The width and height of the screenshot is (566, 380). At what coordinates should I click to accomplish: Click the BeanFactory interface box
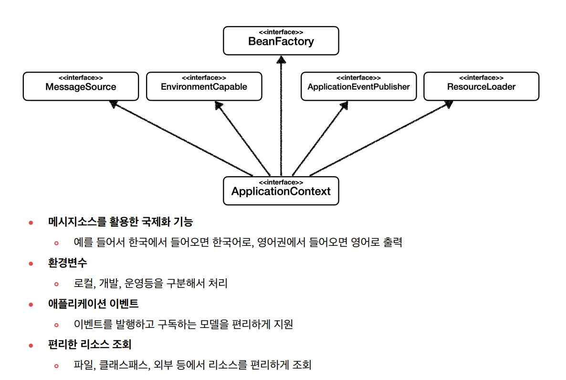coord(281,41)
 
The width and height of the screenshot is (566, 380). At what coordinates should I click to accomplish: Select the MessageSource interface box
coord(81,86)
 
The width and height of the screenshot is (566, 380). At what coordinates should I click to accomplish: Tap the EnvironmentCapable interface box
coord(204,86)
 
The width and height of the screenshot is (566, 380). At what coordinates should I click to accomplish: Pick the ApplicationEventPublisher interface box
coord(358,86)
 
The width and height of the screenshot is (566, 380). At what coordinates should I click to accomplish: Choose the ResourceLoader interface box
coord(481,86)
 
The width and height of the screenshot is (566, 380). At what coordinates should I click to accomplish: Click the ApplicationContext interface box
coord(281,191)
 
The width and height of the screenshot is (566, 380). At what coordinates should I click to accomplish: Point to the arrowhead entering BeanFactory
coord(281,59)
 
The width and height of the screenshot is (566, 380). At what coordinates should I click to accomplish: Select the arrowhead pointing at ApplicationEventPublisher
coord(344,104)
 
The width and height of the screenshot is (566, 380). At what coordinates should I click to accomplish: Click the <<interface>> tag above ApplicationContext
coord(281,182)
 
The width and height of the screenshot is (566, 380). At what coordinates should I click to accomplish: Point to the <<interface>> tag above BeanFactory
coord(281,32)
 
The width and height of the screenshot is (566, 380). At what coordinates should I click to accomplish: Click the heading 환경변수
coord(68,263)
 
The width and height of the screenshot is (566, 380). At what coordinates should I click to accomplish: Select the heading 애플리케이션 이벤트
coord(94,304)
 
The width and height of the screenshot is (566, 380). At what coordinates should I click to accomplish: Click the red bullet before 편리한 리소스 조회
coord(31,345)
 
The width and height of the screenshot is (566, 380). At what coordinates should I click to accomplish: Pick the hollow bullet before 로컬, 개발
coord(56,284)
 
